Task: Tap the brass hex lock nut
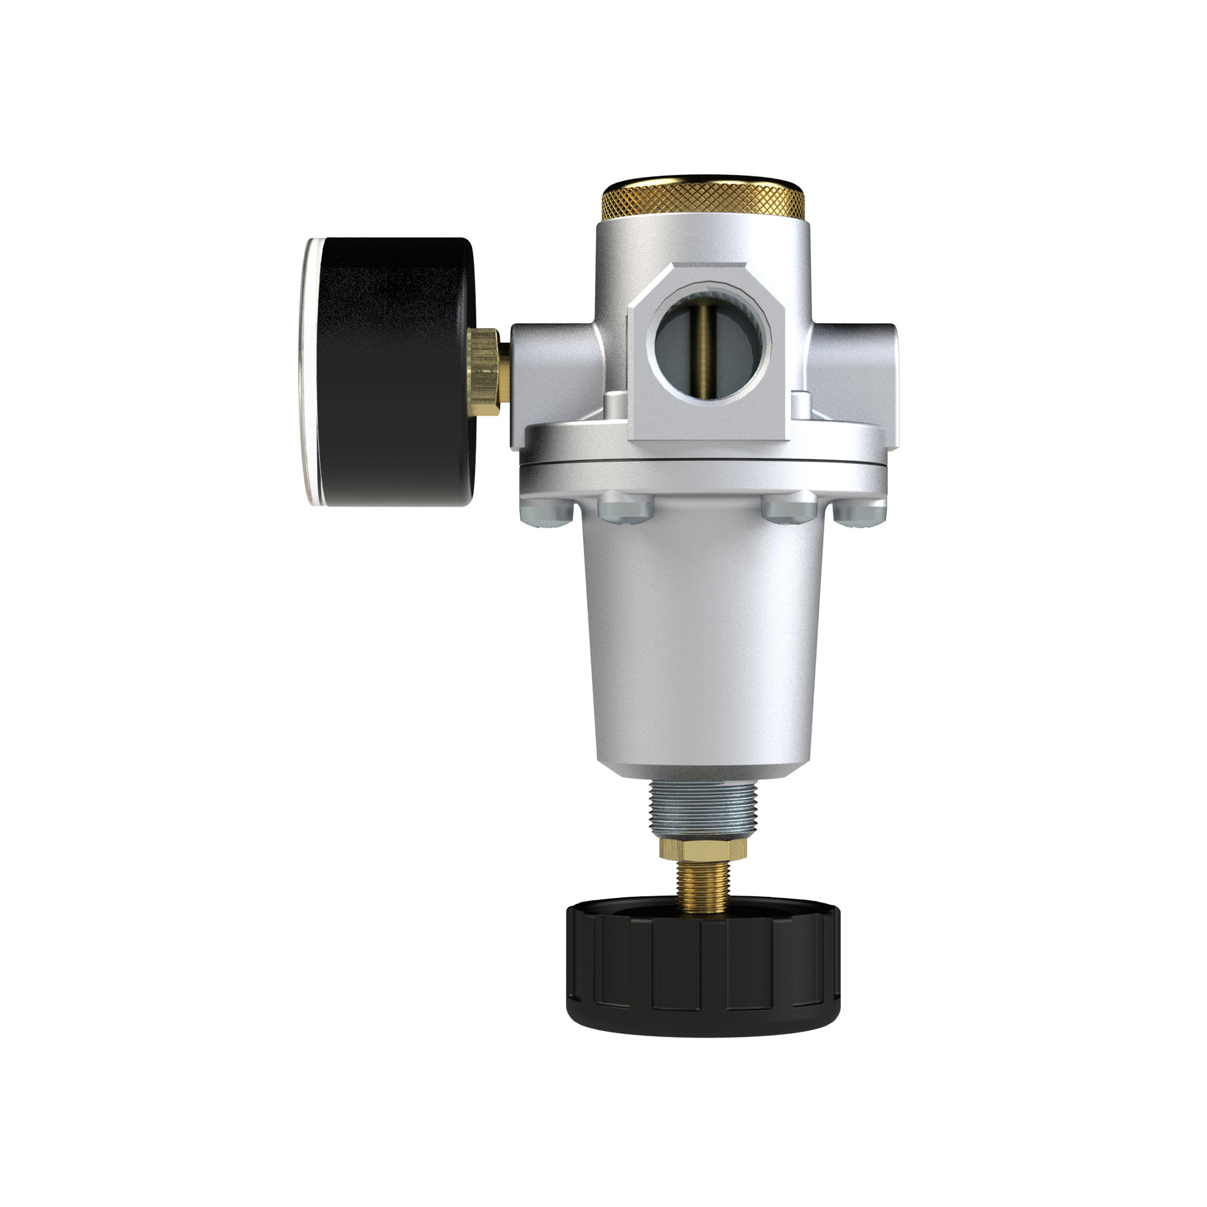[x=704, y=849]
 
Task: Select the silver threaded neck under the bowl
[x=704, y=810]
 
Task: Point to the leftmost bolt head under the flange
[x=546, y=512]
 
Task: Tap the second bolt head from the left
[x=625, y=508]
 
